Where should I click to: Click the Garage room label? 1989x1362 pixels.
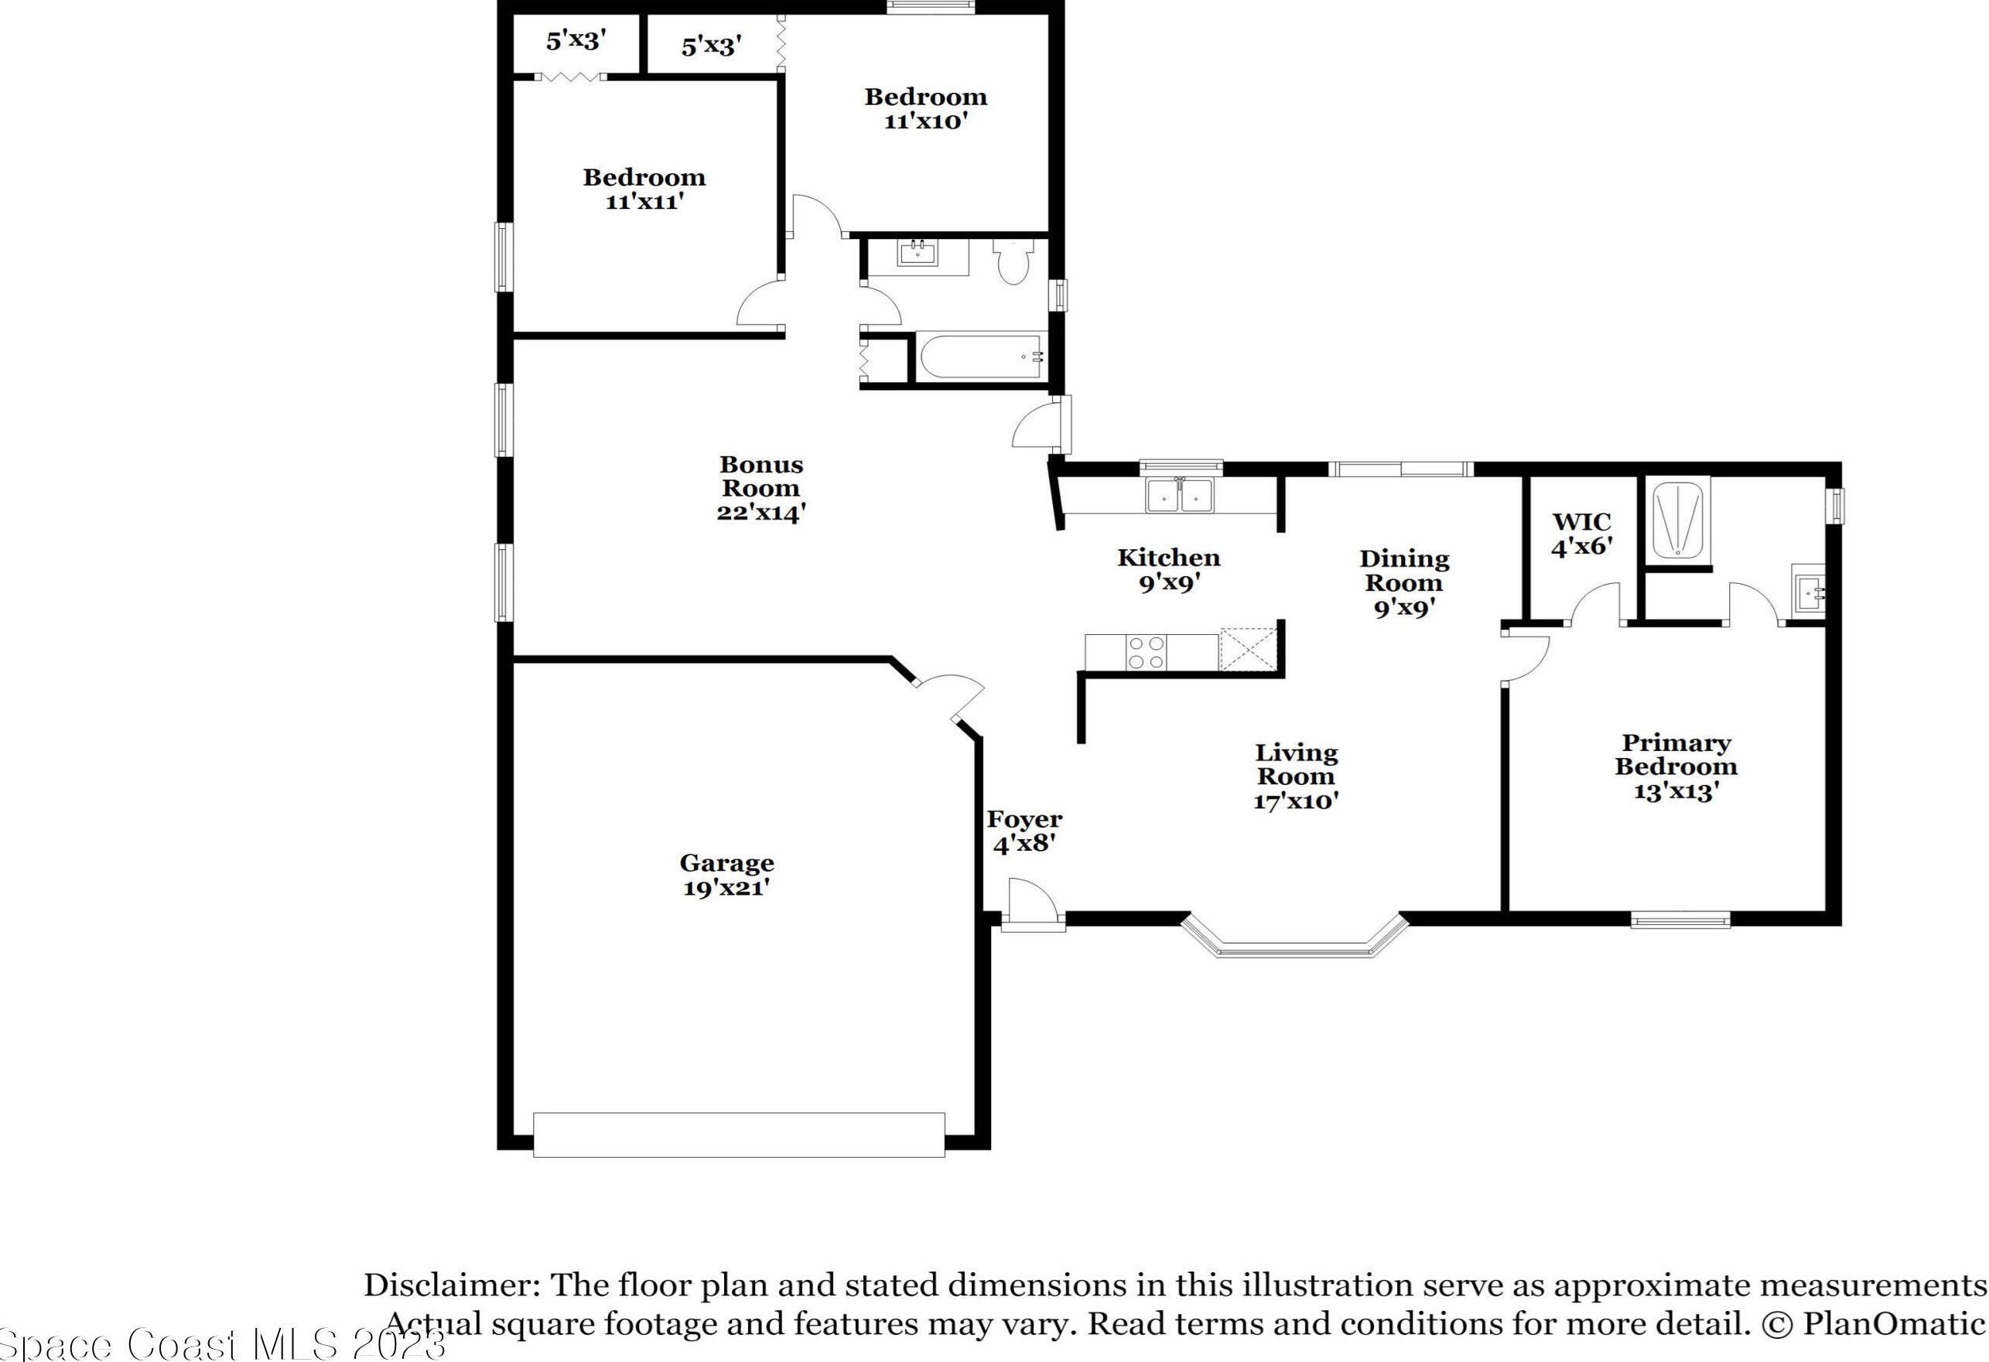coord(726,874)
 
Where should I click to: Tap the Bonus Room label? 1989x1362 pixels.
coord(760,488)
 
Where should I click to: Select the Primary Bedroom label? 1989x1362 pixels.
coord(1676,766)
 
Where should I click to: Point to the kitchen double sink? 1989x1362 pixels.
coord(1181,495)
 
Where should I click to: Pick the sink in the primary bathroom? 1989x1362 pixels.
coord(1807,589)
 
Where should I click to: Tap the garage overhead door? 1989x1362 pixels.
coord(739,1135)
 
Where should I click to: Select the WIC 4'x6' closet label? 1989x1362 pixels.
coord(1581,534)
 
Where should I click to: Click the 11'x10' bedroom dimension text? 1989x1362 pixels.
coord(926,121)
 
